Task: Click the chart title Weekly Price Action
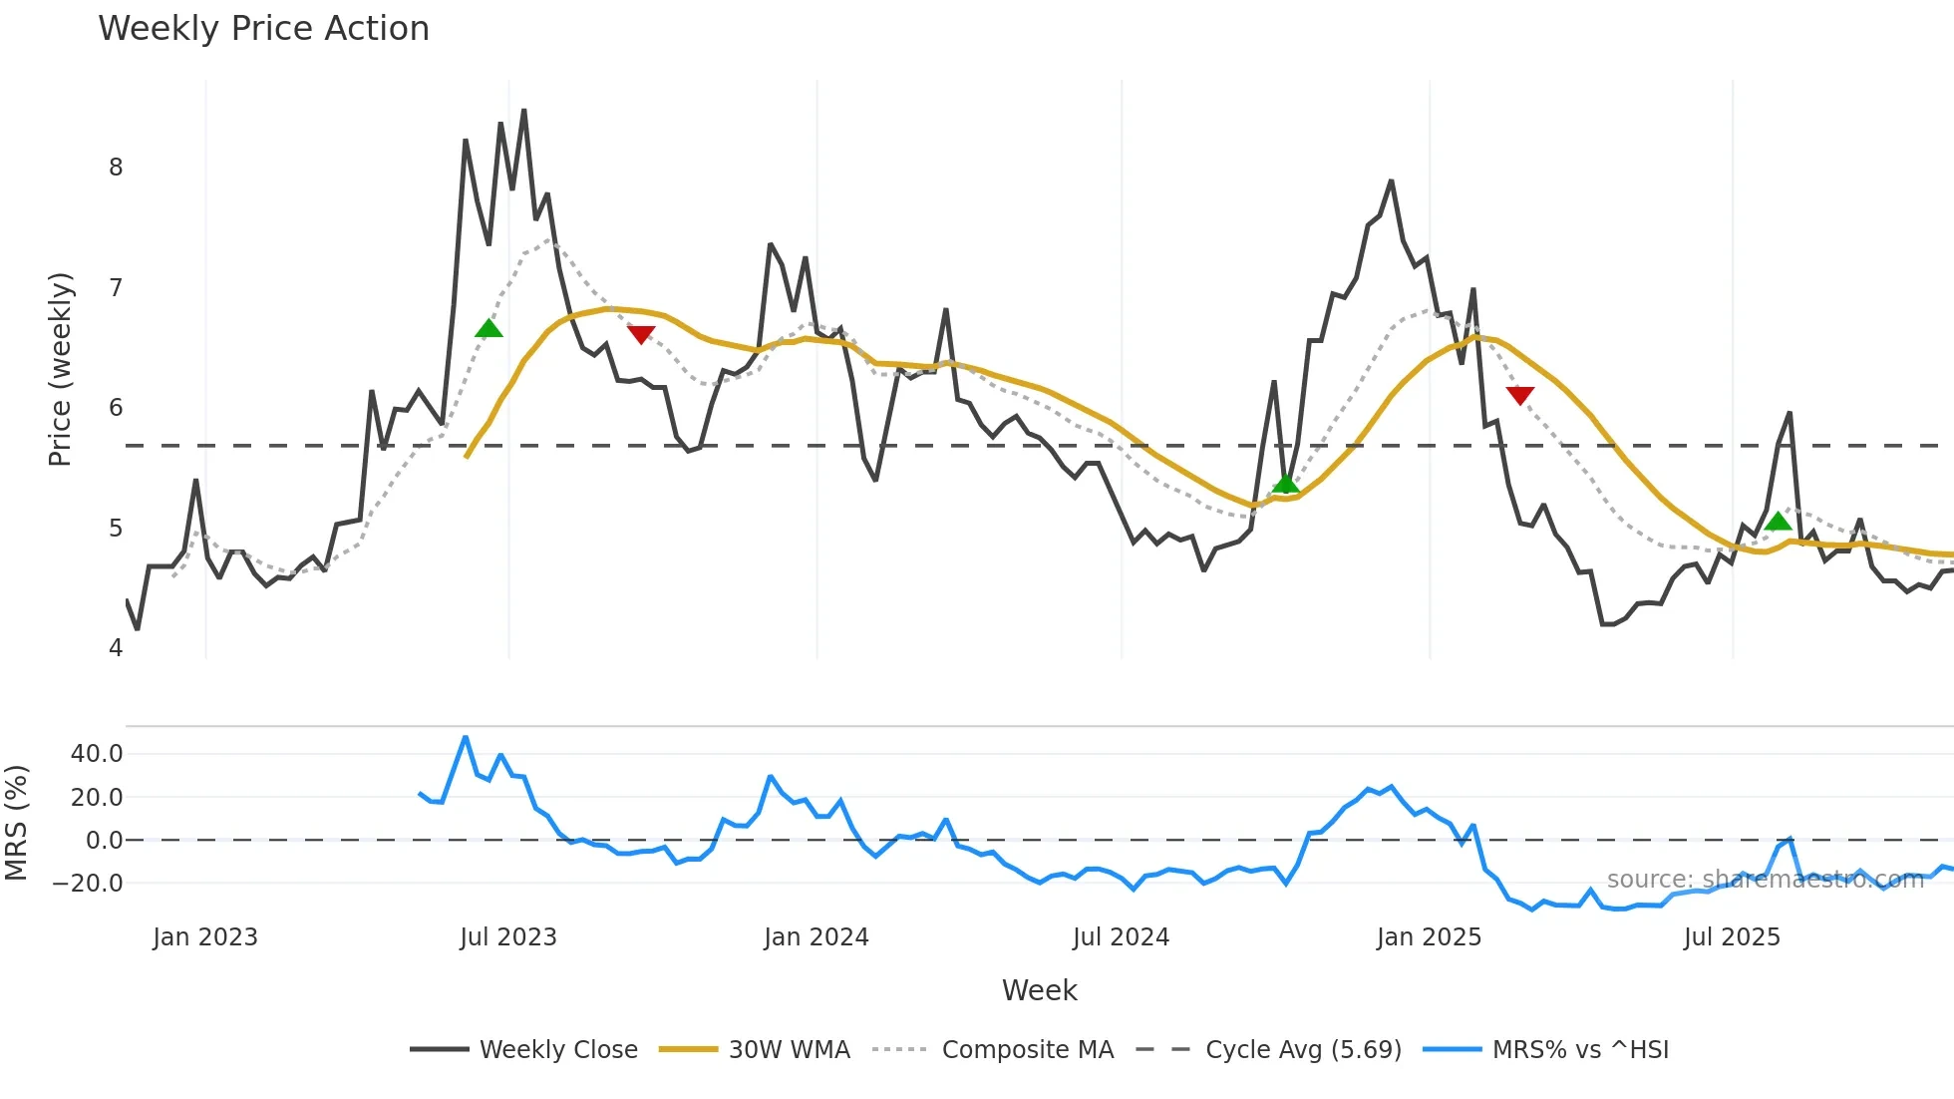(x=263, y=29)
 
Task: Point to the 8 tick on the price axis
(x=116, y=168)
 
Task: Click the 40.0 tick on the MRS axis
(x=97, y=754)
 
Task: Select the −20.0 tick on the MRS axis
(x=88, y=884)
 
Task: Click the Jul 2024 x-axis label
(x=1121, y=937)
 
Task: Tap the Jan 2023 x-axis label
(x=205, y=937)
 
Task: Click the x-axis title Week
(x=1039, y=990)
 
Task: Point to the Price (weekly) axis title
(x=60, y=369)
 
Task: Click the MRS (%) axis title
(x=16, y=823)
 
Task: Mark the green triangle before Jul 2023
(x=488, y=328)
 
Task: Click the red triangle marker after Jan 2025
(x=1519, y=396)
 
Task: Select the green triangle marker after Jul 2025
(x=1778, y=521)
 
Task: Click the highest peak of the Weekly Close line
(x=523, y=111)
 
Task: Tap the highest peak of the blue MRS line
(x=466, y=738)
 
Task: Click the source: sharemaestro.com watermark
(x=1765, y=880)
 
